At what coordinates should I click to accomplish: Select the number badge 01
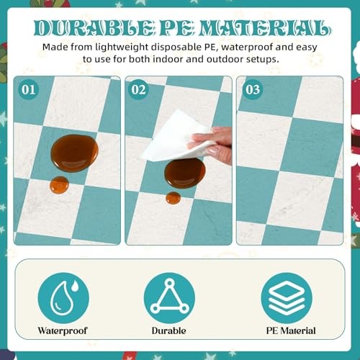28,89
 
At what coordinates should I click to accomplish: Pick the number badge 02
138,89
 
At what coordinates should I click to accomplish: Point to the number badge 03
253,89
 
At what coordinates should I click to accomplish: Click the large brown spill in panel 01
74,153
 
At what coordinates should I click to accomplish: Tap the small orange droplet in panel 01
59,185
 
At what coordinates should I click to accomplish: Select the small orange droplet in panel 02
174,198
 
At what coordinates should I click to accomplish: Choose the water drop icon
63,298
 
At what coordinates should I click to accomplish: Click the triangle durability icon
169,298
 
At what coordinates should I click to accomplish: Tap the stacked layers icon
287,298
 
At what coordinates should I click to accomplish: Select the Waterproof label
63,330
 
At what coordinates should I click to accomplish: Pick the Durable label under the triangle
169,330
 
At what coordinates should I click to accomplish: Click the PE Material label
291,330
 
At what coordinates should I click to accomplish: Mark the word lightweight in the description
122,48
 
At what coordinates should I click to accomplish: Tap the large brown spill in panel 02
185,173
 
